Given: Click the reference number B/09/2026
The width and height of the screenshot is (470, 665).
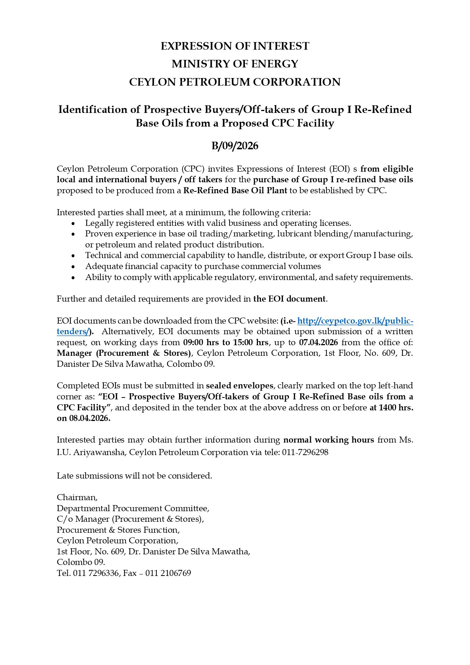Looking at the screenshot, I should pos(235,146).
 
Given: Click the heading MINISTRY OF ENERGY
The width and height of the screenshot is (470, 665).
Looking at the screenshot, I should pos(235,64).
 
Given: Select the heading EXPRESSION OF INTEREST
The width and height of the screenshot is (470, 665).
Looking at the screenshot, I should pos(235,46).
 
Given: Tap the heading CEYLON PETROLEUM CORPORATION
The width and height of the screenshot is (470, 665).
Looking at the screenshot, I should pos(235,82).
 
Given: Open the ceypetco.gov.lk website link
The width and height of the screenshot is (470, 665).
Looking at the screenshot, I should pos(355,321).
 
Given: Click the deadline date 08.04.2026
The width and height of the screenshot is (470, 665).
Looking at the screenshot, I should pos(89,418).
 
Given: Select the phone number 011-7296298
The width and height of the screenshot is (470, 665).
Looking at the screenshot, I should pos(305,452).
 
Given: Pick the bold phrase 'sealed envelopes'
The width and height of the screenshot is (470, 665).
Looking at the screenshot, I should pos(239,386).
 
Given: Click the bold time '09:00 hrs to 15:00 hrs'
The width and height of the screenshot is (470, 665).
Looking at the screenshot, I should pos(226,343).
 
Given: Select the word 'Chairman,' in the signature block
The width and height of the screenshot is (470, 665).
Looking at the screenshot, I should pos(77,497).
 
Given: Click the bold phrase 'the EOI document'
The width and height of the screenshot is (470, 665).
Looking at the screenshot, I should pos(289,299).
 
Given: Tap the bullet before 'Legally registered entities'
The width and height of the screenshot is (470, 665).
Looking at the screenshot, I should pos(73,223).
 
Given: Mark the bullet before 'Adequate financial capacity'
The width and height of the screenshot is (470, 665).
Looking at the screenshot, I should pos(73,266).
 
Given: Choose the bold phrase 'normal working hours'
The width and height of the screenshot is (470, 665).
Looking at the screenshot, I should pos(329,440).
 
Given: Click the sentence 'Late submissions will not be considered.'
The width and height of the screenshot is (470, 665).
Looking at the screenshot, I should pos(134,476).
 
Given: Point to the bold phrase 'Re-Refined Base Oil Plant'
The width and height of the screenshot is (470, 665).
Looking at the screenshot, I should pos(235,191).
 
